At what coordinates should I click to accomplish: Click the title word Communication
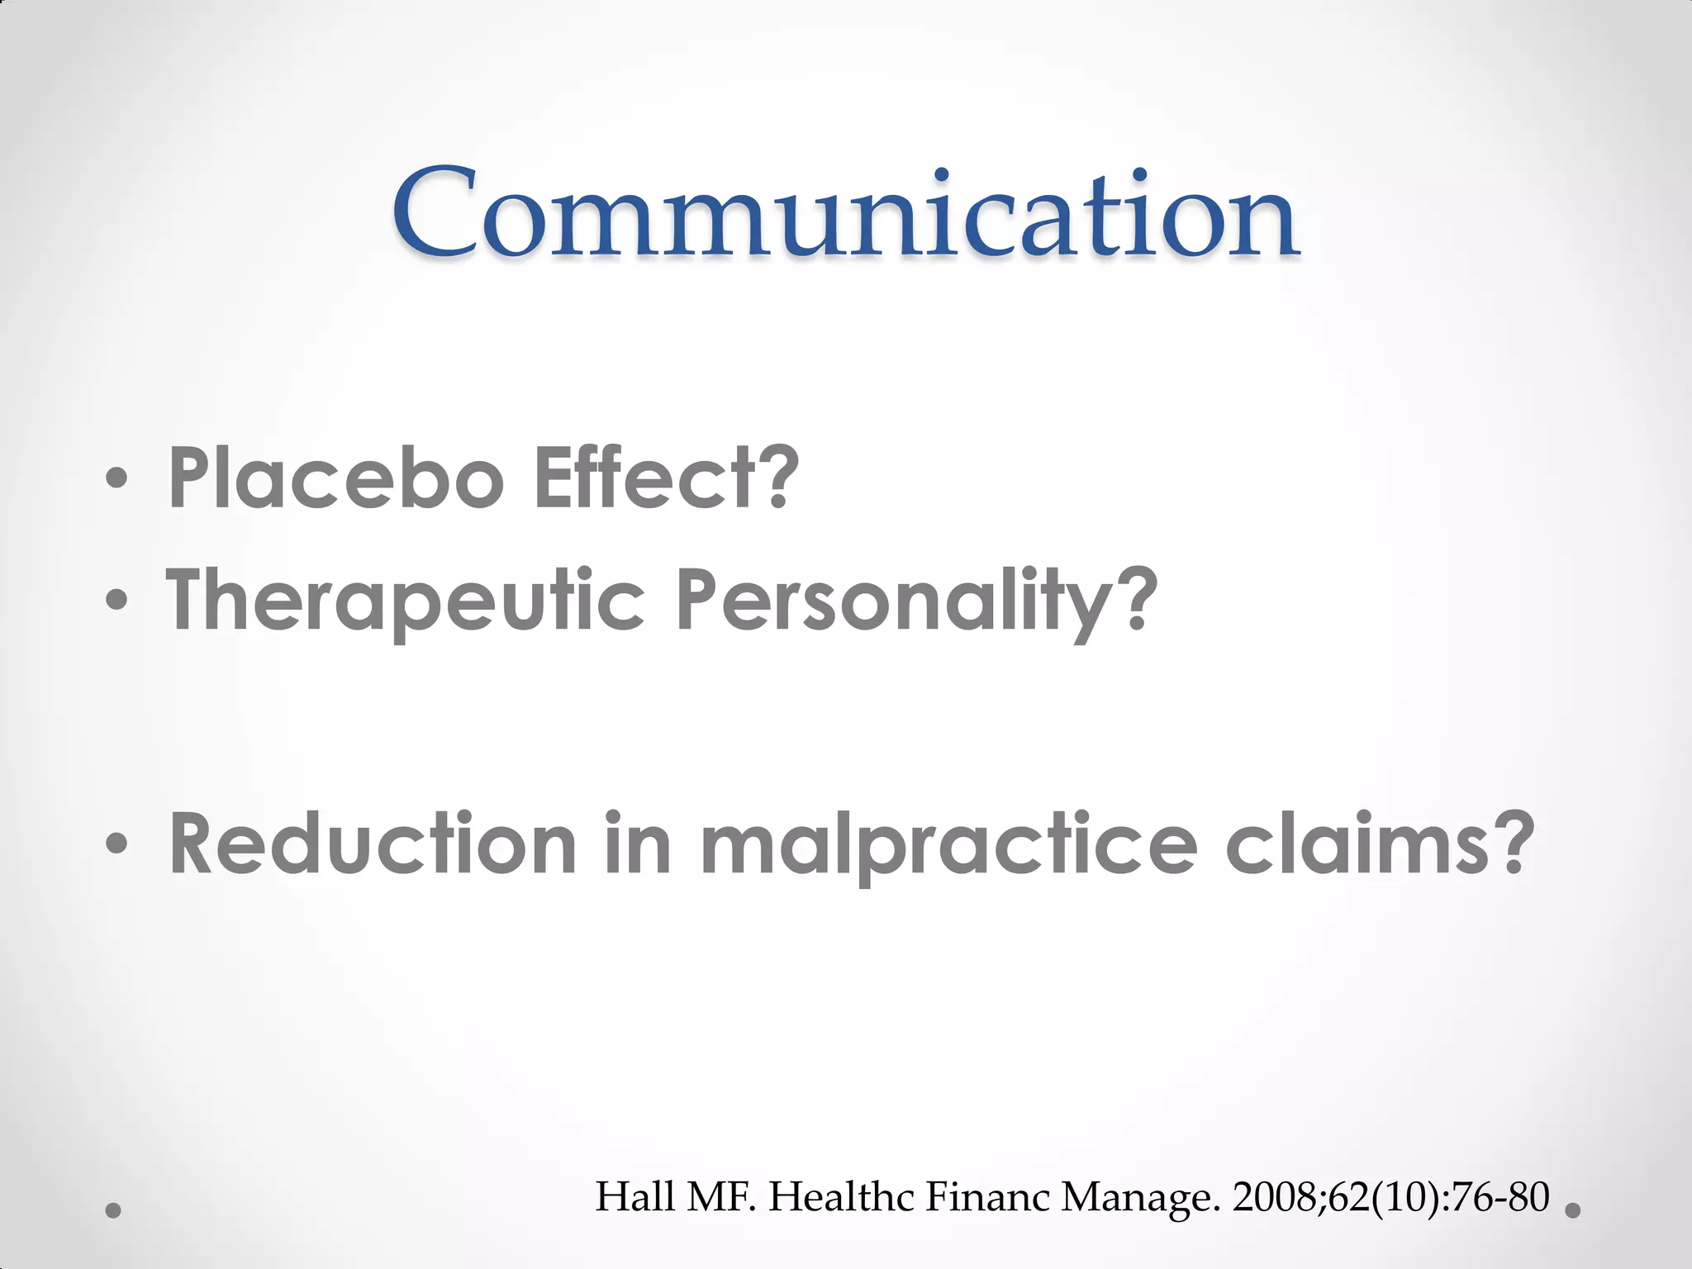coord(844,213)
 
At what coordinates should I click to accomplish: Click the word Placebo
coord(335,478)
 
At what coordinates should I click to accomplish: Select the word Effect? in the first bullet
coord(666,478)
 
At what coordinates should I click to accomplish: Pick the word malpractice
coord(948,844)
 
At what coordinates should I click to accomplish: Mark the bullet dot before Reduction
coord(116,844)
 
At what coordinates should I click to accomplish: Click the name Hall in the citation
coord(634,1197)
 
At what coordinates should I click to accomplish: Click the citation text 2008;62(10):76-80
coord(1390,1197)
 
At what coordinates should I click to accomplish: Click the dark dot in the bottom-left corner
coord(114,1211)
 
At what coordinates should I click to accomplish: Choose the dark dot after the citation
coord(1573,1210)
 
